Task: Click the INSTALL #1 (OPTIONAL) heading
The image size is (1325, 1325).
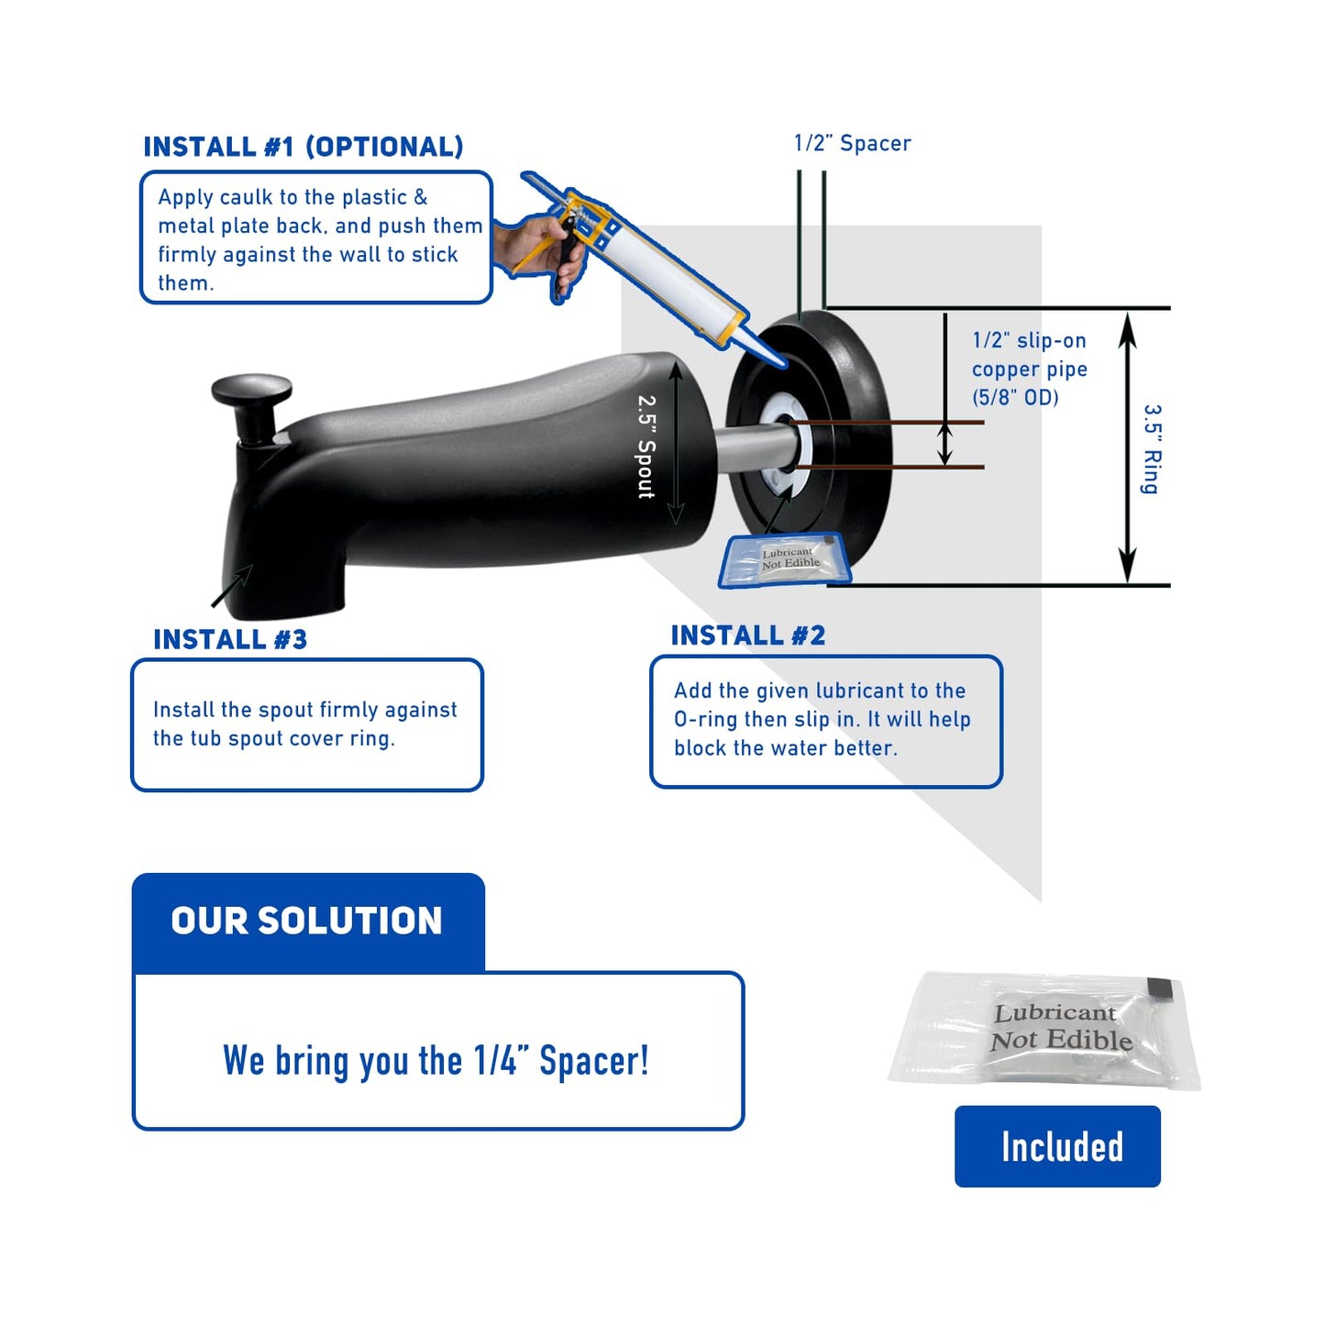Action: tap(304, 147)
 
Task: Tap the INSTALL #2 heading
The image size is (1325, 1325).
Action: tap(747, 635)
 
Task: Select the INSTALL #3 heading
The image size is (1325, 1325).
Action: tap(230, 639)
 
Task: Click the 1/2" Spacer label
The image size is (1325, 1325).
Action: tap(852, 143)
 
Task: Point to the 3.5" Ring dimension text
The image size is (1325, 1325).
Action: tap(1151, 449)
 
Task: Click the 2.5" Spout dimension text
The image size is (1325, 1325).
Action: tap(646, 447)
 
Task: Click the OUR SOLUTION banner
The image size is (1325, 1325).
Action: tap(307, 921)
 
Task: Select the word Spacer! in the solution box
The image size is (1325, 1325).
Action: tap(593, 1061)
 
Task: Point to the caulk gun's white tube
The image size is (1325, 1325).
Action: tap(674, 272)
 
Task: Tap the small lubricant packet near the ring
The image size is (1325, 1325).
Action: tap(787, 560)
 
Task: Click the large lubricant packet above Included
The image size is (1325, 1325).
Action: tap(1045, 1029)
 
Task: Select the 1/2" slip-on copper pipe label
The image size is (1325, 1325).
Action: tap(1029, 369)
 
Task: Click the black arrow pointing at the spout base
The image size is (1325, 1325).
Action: tap(233, 586)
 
